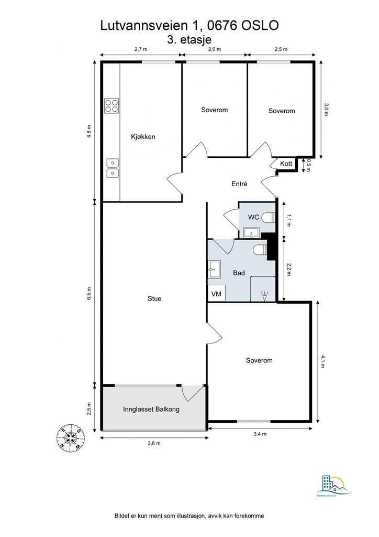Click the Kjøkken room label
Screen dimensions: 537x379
[143, 137]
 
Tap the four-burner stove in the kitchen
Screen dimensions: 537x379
[111, 106]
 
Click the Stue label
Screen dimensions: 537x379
[154, 299]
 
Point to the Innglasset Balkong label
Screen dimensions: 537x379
[151, 409]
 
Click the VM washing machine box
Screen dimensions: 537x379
[216, 294]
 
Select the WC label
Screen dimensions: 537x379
[253, 217]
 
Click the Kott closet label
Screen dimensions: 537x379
[286, 164]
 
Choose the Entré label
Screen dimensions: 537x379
[239, 184]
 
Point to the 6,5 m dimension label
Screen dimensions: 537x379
[89, 294]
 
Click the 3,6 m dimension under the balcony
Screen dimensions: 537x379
[154, 444]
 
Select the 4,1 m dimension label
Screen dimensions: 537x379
[324, 362]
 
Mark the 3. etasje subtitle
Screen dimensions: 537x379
[189, 39]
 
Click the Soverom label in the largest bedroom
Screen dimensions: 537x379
[259, 361]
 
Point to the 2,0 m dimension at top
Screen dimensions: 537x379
[215, 49]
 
